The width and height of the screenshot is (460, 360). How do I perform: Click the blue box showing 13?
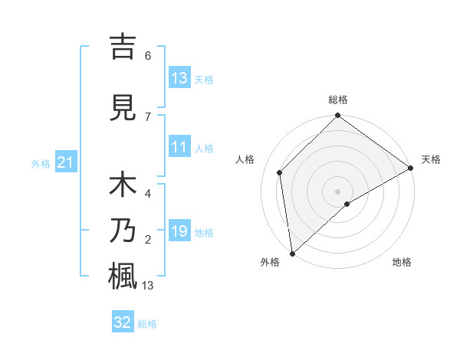pos(179,79)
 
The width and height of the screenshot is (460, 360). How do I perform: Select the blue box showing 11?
pos(179,148)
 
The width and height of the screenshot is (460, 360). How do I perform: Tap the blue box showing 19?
pos(179,231)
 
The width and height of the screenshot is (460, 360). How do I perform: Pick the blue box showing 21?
pos(65,162)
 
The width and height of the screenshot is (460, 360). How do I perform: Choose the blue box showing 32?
pos(123,322)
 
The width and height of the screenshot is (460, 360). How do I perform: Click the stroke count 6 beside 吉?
pos(148,56)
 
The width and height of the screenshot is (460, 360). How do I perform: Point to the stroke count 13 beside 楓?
pos(149,286)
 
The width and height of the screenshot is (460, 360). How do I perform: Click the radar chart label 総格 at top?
pos(338,100)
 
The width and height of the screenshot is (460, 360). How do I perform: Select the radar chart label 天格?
pos(431,159)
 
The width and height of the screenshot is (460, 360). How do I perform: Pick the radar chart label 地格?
pos(402,263)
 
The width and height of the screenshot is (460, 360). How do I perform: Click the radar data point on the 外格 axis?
pos(291,254)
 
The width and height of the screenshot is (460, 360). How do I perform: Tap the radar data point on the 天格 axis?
pos(411,168)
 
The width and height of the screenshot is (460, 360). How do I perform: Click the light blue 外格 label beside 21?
pos(41,163)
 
